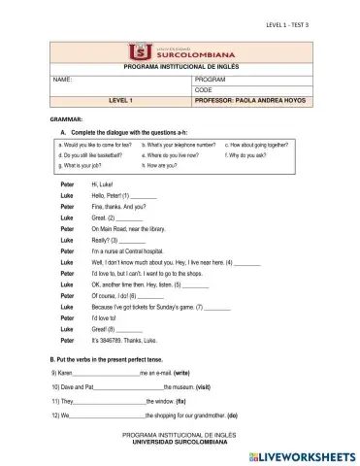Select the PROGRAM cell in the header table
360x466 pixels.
tap(210, 78)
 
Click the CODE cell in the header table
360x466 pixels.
tap(204, 88)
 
